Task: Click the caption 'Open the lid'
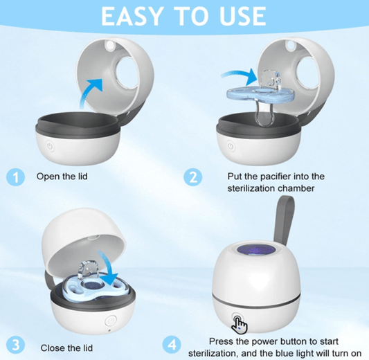coord(63,177)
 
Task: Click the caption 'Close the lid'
coord(64,347)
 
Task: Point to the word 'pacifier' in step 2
coord(278,177)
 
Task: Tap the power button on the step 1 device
coord(49,147)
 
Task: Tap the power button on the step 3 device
coord(109,322)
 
